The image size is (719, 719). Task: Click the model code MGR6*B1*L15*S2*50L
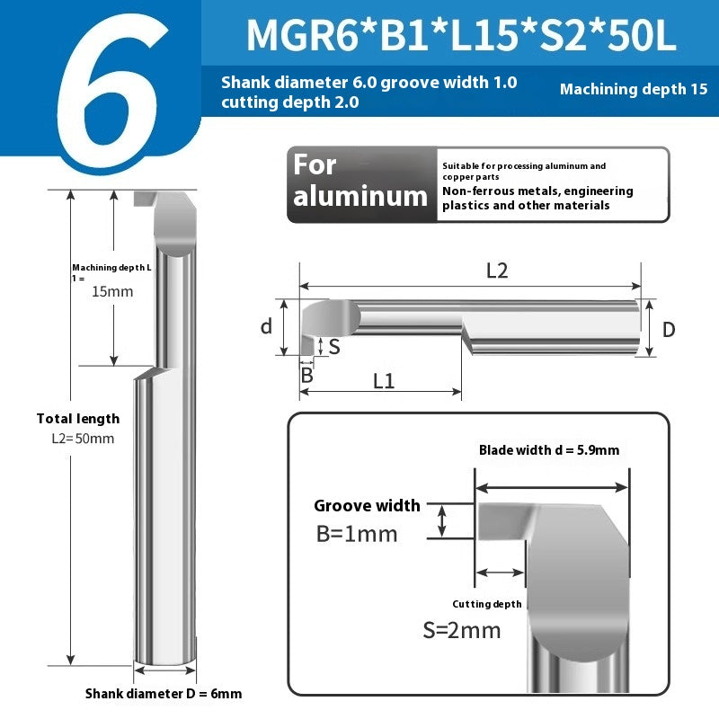pyautogui.click(x=461, y=35)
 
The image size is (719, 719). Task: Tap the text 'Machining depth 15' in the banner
pyautogui.click(x=634, y=89)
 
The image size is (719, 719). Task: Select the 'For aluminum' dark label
pyautogui.click(x=360, y=181)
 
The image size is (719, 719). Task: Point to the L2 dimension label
pyautogui.click(x=497, y=271)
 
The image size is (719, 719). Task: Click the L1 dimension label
pyautogui.click(x=384, y=381)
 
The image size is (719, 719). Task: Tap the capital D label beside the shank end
pyautogui.click(x=669, y=330)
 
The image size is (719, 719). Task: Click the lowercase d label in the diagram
pyautogui.click(x=266, y=326)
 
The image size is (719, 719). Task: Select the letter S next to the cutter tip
pyautogui.click(x=334, y=345)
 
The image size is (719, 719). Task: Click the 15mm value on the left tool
pyautogui.click(x=112, y=291)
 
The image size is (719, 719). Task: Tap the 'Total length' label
pyautogui.click(x=78, y=418)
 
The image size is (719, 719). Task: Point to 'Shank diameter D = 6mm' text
pyautogui.click(x=164, y=694)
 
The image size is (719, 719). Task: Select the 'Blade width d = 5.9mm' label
pyautogui.click(x=548, y=450)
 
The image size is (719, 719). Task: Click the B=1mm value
pyautogui.click(x=357, y=534)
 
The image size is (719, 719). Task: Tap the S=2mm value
pyautogui.click(x=462, y=630)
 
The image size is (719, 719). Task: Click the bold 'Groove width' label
pyautogui.click(x=367, y=506)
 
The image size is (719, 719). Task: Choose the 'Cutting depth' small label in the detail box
pyautogui.click(x=486, y=604)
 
